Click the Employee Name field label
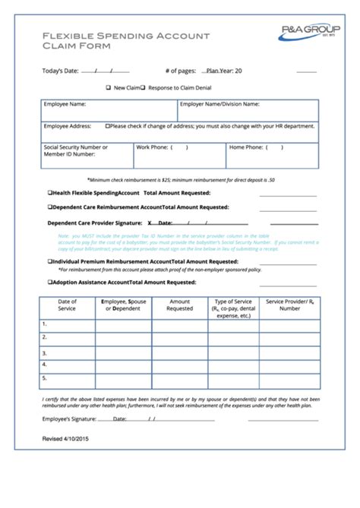[65, 104]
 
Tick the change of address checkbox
[108, 126]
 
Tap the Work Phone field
[179, 155]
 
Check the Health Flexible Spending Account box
[50, 194]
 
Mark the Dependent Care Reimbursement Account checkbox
[50, 207]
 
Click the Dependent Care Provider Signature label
[94, 223]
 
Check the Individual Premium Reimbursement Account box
[50, 260]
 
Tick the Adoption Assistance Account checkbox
[50, 282]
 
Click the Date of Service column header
[67, 305]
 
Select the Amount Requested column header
[179, 305]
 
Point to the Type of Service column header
[232, 308]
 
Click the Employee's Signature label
[69, 418]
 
